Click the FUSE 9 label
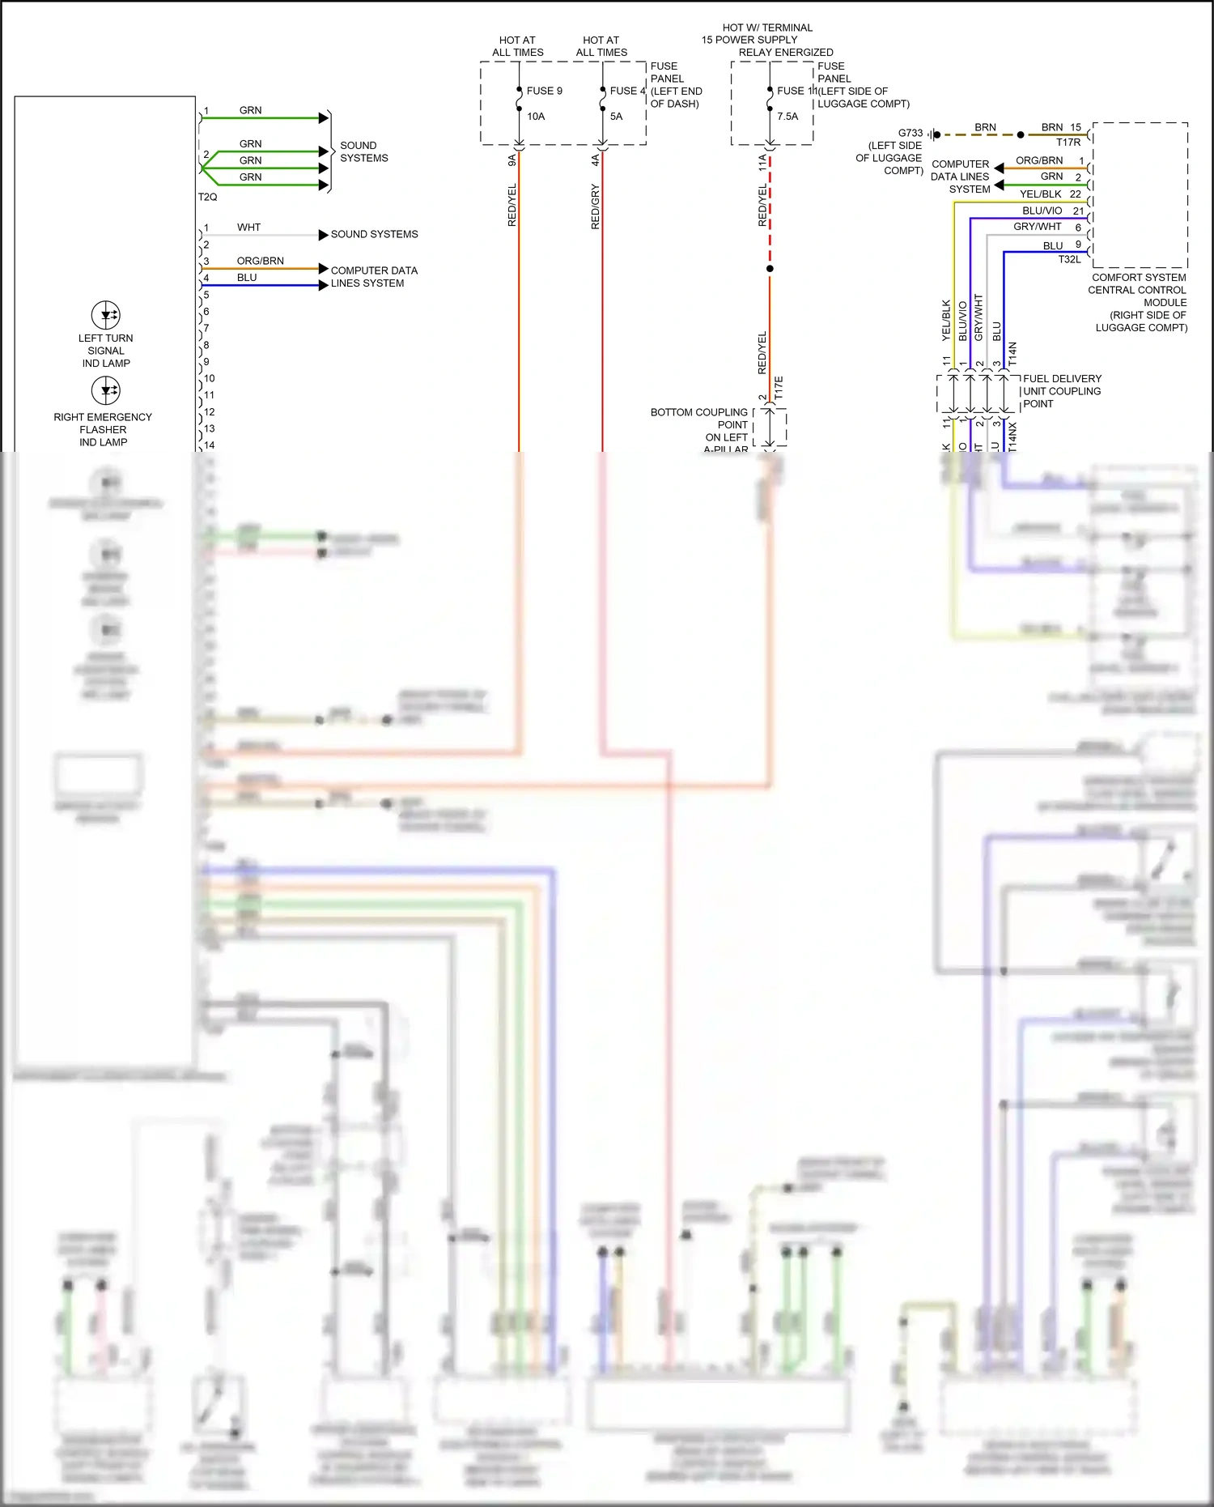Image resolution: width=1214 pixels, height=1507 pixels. click(x=544, y=91)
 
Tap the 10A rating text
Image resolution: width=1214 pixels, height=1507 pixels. click(x=536, y=117)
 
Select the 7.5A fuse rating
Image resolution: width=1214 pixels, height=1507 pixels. click(x=787, y=117)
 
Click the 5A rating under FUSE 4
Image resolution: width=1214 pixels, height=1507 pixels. click(x=616, y=117)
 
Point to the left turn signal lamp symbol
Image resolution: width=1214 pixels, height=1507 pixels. click(x=106, y=315)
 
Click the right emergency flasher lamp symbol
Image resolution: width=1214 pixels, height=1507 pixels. click(x=106, y=391)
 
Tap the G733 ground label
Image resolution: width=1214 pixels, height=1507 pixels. click(x=910, y=133)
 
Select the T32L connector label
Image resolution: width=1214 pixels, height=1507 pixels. click(x=1069, y=259)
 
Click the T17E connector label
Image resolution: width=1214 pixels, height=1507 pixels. click(x=779, y=389)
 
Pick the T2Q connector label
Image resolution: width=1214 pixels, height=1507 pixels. click(x=207, y=197)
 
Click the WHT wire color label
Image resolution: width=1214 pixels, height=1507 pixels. click(x=248, y=228)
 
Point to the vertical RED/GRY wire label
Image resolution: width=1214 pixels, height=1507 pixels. click(x=596, y=206)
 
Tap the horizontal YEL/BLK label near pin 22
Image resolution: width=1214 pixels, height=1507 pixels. click(x=1040, y=194)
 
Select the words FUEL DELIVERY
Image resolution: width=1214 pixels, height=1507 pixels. click(x=1062, y=378)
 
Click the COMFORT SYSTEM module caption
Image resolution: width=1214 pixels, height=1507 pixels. click(x=1138, y=277)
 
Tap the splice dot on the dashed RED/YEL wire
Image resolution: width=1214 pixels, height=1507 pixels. click(x=770, y=268)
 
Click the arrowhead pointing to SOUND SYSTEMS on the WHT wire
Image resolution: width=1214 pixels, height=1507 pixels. click(x=323, y=235)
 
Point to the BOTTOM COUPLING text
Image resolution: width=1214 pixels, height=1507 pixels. click(x=698, y=412)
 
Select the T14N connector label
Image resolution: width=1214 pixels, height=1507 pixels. click(x=1012, y=354)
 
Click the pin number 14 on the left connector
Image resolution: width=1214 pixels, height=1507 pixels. click(x=210, y=445)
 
